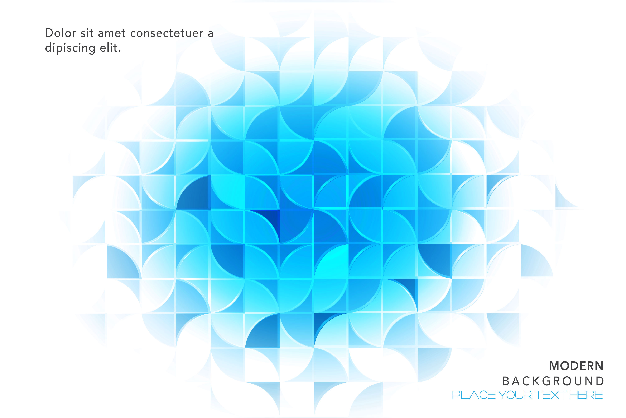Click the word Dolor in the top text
pyautogui.click(x=61, y=33)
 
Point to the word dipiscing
pyautogui.click(x=70, y=48)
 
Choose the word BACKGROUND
pyautogui.click(x=553, y=381)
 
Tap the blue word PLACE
pyautogui.click(x=474, y=395)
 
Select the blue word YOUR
pyautogui.click(x=515, y=395)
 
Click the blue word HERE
pyautogui.click(x=586, y=395)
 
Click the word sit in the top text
pyautogui.click(x=87, y=33)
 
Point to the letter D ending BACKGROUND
pyautogui.click(x=600, y=381)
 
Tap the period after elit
pyautogui.click(x=120, y=51)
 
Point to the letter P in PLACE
pyautogui.click(x=456, y=395)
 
